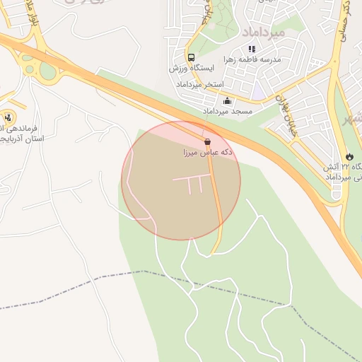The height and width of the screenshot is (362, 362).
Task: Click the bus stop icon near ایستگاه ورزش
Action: coord(191,57)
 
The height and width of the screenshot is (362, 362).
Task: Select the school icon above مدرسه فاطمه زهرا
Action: coord(252,49)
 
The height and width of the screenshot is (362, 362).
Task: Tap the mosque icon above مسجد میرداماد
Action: coord(227,101)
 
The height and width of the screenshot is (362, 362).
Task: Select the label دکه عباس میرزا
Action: coord(207,152)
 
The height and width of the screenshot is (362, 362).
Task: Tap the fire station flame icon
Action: coord(349,156)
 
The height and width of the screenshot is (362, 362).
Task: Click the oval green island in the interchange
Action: coord(47,71)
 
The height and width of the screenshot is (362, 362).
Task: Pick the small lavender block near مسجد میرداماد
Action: coord(258,93)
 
